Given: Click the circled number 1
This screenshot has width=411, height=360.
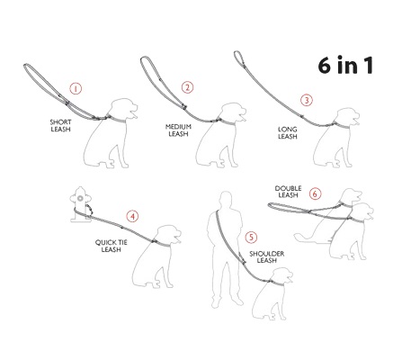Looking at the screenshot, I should coord(76,88).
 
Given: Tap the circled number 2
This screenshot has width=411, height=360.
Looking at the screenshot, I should coord(188,87).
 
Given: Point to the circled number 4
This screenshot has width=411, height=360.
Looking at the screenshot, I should coord(132,215).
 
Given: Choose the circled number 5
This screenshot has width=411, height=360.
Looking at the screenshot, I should coord(251,237).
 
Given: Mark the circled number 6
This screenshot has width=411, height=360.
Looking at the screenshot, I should coord(315,193).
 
